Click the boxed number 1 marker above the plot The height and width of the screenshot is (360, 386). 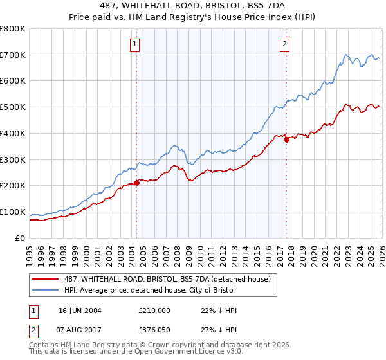point(135,44)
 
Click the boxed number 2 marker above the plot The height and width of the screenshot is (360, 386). point(284,44)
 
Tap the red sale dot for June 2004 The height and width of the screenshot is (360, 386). point(136,183)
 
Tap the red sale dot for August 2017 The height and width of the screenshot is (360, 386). point(286,139)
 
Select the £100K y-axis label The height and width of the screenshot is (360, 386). point(13,212)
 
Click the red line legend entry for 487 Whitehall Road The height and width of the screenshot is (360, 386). point(170,279)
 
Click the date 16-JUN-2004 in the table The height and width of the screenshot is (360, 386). point(80,310)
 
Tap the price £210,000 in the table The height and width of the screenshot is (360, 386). point(154,310)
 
